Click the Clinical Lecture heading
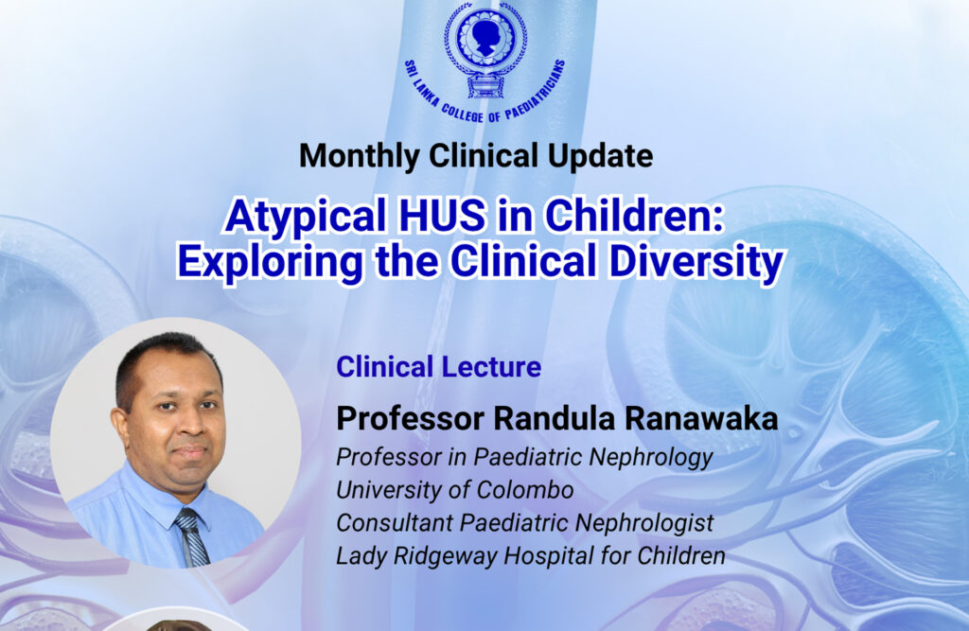439,366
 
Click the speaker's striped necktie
188,535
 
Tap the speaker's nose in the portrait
186,429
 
